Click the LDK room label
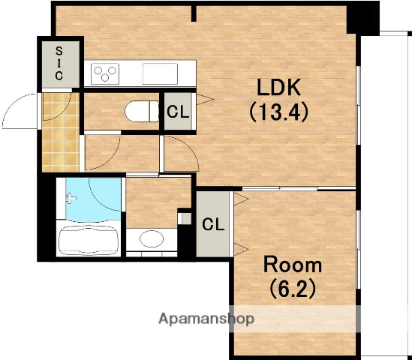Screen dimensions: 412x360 click(x=278, y=88)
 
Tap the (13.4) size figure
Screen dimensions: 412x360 click(x=278, y=112)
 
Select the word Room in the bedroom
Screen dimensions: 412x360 click(x=293, y=265)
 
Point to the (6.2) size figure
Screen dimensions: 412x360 click(x=293, y=288)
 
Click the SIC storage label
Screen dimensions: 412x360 click(x=59, y=64)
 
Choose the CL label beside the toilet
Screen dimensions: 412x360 click(x=178, y=112)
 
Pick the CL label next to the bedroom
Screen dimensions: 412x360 click(x=213, y=224)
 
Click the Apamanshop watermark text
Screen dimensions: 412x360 click(x=206, y=319)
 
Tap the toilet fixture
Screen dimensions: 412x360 click(x=142, y=111)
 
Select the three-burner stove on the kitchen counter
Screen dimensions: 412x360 click(x=105, y=73)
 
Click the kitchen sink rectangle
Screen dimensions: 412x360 click(x=160, y=73)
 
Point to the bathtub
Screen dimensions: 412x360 click(x=89, y=241)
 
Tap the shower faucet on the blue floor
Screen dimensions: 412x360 click(x=71, y=198)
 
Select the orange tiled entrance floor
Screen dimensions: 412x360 click(x=61, y=133)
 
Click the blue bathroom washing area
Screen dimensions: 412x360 click(x=93, y=199)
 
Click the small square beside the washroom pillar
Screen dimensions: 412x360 click(x=186, y=219)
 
